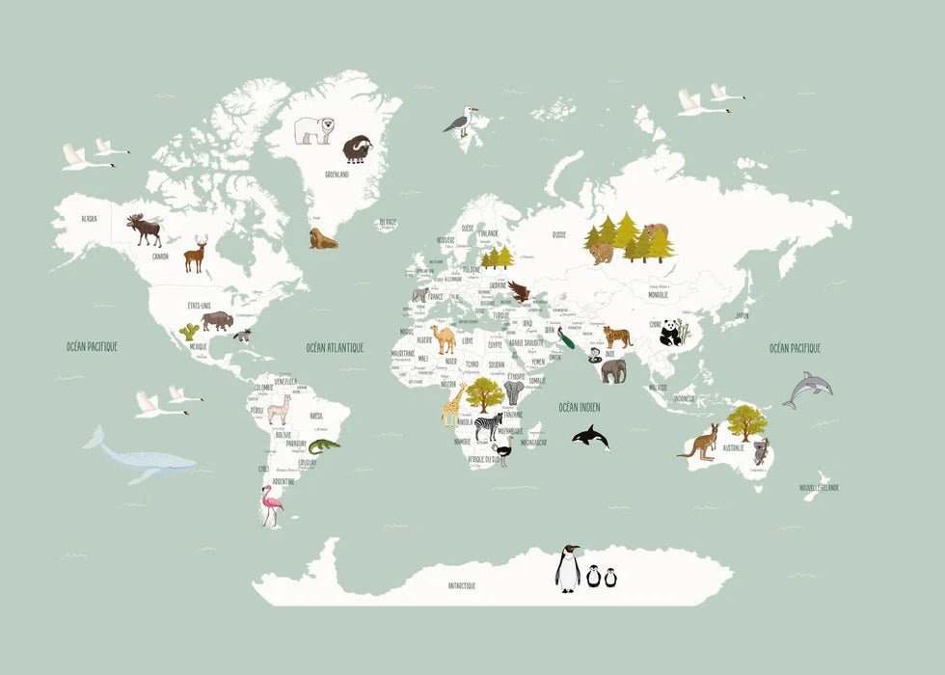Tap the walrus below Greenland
click(322, 238)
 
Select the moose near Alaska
click(145, 229)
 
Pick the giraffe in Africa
click(452, 404)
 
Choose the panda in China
click(672, 333)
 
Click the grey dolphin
click(808, 389)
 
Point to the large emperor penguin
click(568, 568)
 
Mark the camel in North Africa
click(443, 338)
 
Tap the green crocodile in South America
click(325, 445)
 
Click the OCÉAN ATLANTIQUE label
click(335, 348)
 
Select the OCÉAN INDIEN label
click(579, 408)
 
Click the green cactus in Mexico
click(189, 332)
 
